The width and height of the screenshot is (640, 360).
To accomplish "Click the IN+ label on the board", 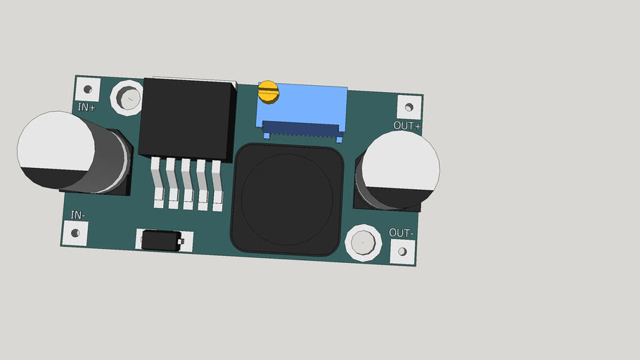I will (87, 108).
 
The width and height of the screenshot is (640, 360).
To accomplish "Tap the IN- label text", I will (79, 214).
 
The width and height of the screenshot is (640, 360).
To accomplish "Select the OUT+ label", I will (407, 127).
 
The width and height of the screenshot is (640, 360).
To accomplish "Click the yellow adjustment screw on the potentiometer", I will (268, 91).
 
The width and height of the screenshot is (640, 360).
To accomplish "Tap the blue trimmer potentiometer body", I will (309, 105).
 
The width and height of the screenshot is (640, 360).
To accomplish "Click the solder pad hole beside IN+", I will (88, 89).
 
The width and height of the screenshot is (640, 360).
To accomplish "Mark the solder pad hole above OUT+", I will (409, 108).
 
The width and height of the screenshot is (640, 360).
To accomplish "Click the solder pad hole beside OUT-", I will (403, 251).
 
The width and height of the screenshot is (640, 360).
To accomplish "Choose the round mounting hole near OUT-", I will (363, 243).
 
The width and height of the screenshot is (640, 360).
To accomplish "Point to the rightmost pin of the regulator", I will (218, 186).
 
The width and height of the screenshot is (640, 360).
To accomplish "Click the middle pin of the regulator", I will (187, 184).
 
